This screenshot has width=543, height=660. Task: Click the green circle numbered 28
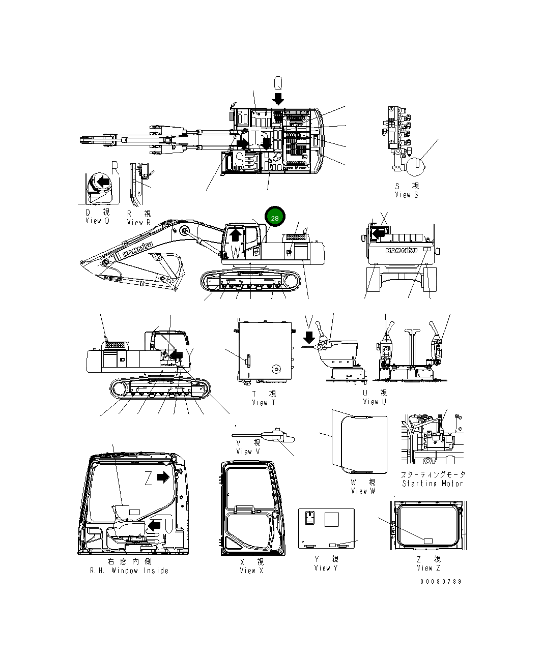coord(275,218)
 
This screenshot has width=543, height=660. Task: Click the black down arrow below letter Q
coord(278,98)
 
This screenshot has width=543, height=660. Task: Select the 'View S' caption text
coord(406,195)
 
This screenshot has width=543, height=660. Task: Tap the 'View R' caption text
coord(138,222)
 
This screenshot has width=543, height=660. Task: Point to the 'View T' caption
coord(263,403)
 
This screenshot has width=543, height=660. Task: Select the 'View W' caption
coord(363,491)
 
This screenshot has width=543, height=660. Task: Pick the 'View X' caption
coord(251,571)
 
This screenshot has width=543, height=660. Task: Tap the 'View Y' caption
coord(325,568)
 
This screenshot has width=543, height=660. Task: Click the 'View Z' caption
coord(428,568)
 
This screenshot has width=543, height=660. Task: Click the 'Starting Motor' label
coord(433,484)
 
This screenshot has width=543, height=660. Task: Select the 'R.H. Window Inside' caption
coord(129,571)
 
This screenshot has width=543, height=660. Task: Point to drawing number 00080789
coord(441,581)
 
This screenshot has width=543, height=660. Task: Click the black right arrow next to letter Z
coord(163,477)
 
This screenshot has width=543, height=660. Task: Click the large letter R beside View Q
coord(115,168)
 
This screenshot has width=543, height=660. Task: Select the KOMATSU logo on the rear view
coord(402,250)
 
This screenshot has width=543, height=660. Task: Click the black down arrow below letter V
coord(308,337)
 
